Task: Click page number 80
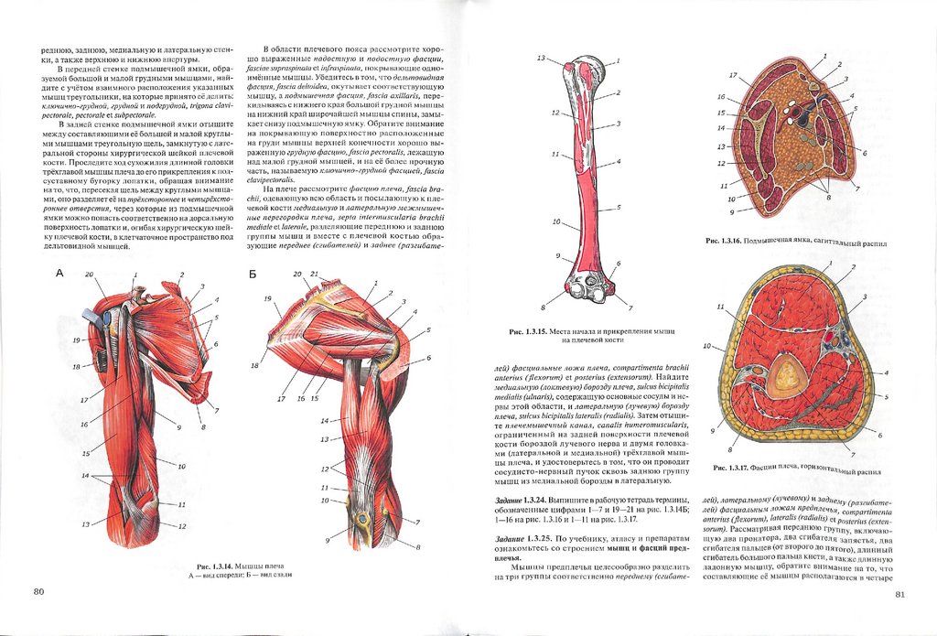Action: (x=38, y=591)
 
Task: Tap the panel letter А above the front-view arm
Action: (x=60, y=273)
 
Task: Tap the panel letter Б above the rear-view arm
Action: (x=252, y=273)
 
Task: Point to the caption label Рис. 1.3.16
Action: (x=724, y=244)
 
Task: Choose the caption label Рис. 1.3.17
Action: (x=732, y=469)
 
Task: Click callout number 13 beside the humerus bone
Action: (x=542, y=59)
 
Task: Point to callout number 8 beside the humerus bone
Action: (x=543, y=306)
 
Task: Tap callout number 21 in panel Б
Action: (x=315, y=275)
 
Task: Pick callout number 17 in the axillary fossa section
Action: (x=733, y=75)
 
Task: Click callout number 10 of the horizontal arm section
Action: (x=706, y=346)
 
